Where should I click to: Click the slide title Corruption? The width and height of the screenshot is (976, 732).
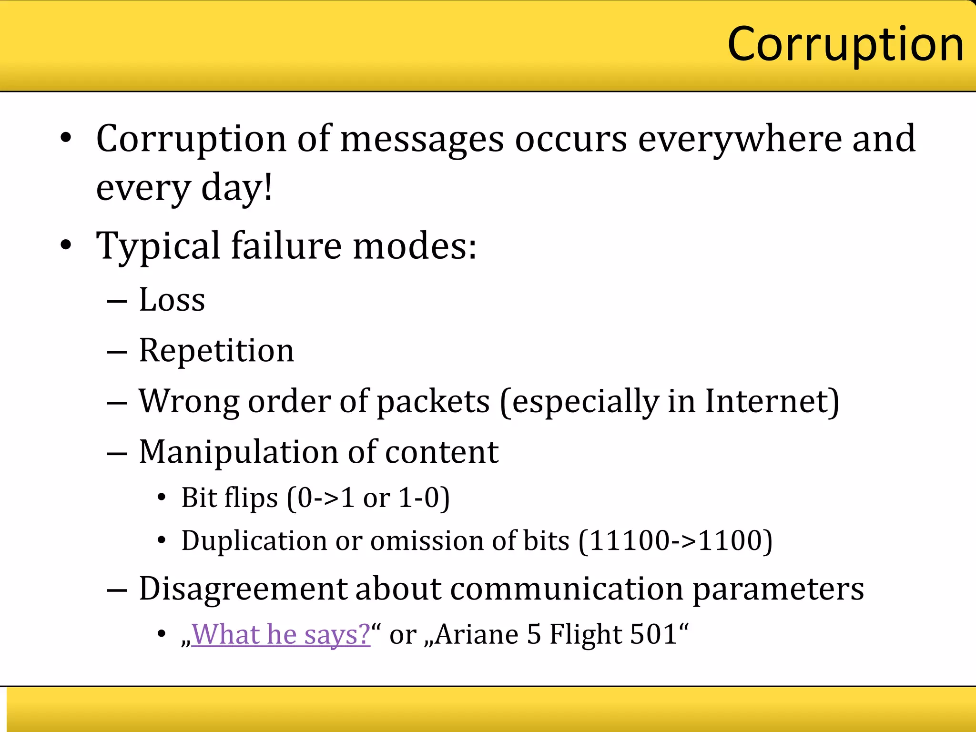845,45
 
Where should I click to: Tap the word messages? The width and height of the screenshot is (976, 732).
422,139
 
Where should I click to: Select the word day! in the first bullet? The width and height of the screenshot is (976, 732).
237,188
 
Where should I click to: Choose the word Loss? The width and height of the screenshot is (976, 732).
172,300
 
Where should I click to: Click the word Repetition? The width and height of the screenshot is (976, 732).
216,351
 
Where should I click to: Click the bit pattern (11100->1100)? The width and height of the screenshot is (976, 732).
675,541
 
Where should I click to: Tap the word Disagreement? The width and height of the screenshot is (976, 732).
243,589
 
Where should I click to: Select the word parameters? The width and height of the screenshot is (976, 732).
778,589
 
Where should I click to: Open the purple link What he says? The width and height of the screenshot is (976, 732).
281,634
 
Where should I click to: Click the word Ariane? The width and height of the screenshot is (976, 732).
477,634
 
